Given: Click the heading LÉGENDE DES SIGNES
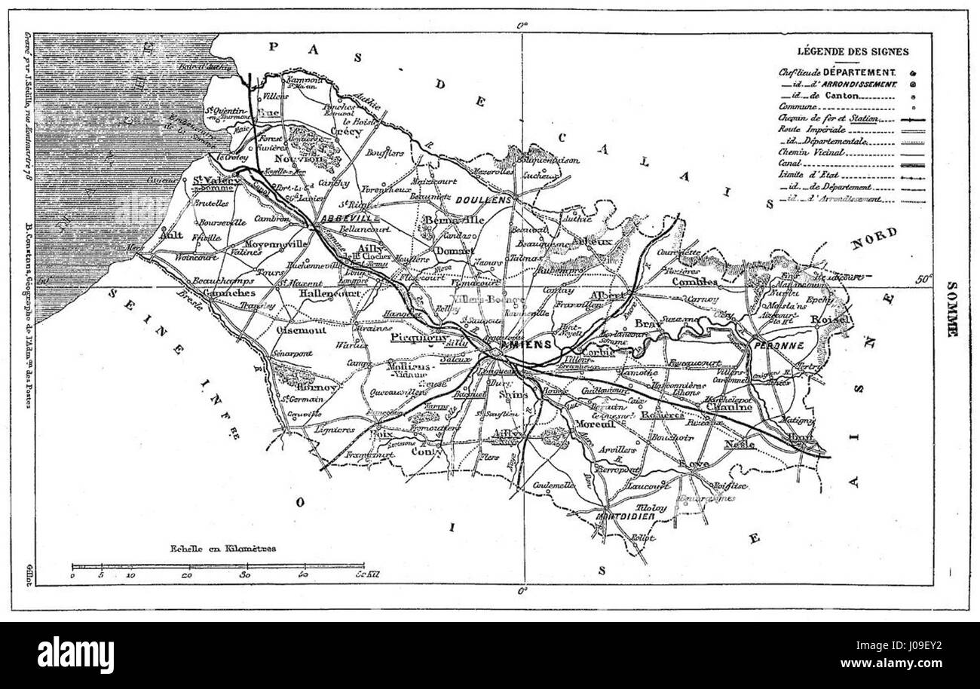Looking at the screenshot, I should click(853, 52).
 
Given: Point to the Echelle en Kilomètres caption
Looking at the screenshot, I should click(214, 548).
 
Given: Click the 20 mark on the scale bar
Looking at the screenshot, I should click(188, 575).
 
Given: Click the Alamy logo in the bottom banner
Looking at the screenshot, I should click(75, 654).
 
